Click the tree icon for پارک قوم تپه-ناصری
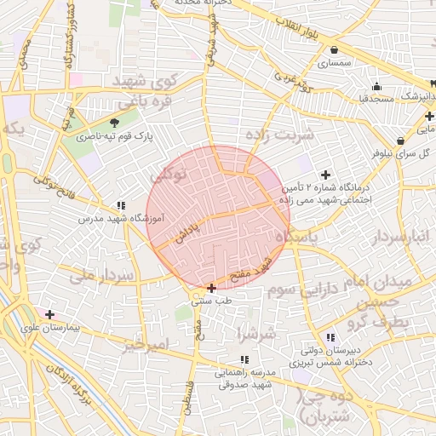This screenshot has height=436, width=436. [x=115, y=123]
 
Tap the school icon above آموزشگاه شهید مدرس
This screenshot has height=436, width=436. [x=121, y=205]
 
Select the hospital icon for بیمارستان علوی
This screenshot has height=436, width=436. [x=49, y=314]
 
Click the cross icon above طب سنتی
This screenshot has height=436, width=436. [x=211, y=288]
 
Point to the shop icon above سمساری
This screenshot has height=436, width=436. [x=334, y=49]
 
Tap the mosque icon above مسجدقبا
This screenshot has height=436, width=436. [x=376, y=86]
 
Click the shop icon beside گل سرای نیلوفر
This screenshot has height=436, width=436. [x=400, y=141]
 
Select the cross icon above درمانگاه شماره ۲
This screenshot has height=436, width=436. [x=325, y=174]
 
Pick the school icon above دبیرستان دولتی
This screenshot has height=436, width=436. [x=330, y=338]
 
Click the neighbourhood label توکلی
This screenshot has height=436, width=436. [x=168, y=175]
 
